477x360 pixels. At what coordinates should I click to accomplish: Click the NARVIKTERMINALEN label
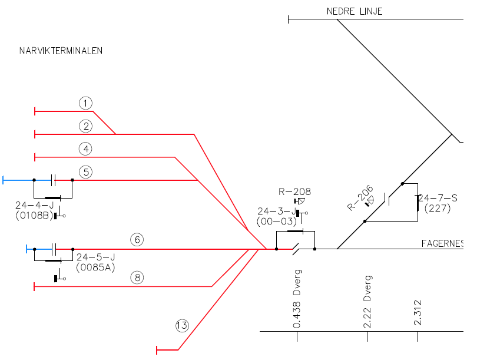point(61,51)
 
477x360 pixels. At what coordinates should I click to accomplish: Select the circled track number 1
point(86,104)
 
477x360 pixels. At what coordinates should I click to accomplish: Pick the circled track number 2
point(86,126)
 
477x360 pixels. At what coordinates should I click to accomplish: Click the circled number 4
point(86,148)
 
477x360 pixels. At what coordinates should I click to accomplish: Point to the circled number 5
point(86,172)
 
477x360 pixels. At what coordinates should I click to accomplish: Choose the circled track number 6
point(137,240)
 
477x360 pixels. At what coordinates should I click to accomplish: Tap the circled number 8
point(137,278)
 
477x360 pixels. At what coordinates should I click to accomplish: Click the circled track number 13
point(183,325)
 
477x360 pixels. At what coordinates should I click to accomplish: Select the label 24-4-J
point(35,206)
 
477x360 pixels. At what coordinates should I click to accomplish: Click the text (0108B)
point(35,216)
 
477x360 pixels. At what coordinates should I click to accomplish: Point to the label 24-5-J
point(95,257)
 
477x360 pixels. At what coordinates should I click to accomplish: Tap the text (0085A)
point(95,267)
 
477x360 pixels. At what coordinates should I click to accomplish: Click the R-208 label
point(294,191)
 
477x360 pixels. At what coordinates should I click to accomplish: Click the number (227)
point(437,208)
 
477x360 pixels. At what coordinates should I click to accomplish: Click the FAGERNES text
point(442,243)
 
